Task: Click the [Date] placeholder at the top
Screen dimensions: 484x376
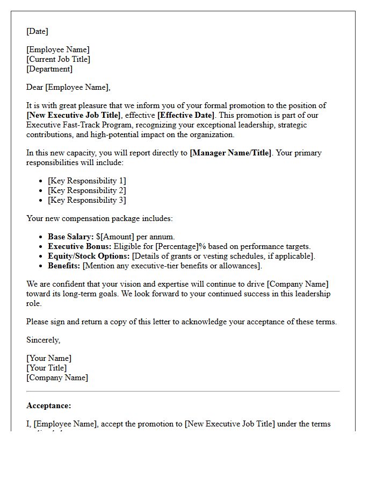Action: (37, 31)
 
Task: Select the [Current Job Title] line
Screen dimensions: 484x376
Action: (58, 59)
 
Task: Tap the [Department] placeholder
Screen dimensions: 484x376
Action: (49, 69)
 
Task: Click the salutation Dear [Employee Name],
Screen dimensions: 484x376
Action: (68, 87)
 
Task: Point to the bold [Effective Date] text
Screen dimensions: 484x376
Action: (186, 115)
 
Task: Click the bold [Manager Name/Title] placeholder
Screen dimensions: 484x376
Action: (230, 153)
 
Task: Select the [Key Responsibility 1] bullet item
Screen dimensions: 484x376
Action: (87, 181)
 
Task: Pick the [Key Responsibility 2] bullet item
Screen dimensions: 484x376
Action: (87, 190)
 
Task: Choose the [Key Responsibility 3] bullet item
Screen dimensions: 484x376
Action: (87, 200)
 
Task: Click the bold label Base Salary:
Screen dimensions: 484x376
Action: (71, 237)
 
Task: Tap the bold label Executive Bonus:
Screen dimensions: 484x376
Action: (79, 246)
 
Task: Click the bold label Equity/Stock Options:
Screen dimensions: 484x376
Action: (89, 256)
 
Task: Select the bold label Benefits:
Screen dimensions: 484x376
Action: (64, 266)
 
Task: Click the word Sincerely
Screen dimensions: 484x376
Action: (43, 340)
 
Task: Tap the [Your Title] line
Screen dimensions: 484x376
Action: (47, 368)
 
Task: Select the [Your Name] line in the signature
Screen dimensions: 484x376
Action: (49, 358)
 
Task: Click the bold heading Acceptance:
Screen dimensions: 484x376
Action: (48, 405)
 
